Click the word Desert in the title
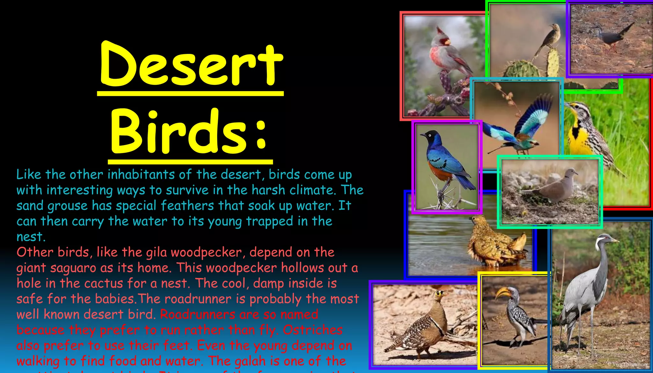[191, 65]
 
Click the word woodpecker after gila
[206, 252]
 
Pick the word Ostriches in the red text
[313, 330]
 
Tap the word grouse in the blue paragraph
[67, 206]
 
